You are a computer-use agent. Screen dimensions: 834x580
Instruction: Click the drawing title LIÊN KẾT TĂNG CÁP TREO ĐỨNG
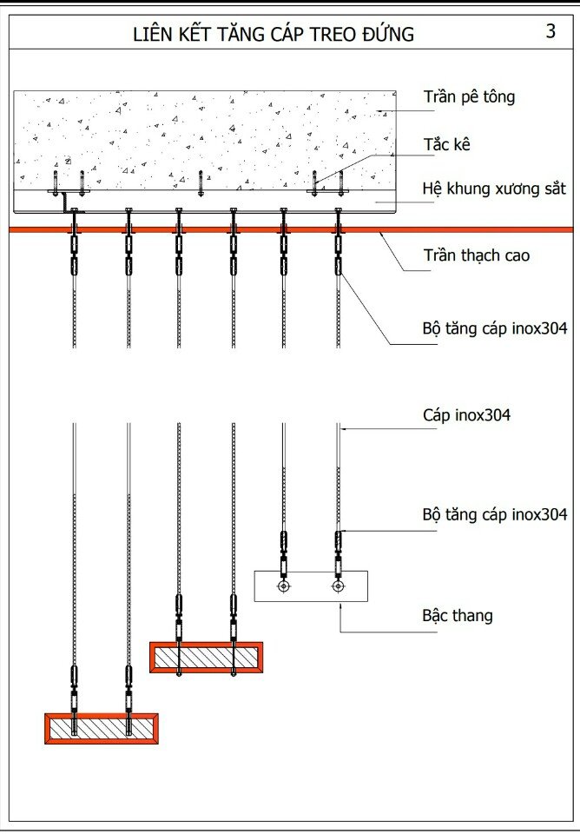tap(273, 34)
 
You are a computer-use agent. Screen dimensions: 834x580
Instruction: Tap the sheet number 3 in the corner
tap(550, 31)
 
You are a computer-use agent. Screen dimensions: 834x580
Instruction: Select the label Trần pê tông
tap(469, 96)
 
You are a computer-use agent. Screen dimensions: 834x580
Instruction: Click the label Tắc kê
tap(447, 144)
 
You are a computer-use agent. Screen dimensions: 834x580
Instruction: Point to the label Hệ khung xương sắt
tap(494, 188)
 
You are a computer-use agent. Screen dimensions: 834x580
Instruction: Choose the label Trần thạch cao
tap(477, 255)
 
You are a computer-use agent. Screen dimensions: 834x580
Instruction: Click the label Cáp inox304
tap(466, 415)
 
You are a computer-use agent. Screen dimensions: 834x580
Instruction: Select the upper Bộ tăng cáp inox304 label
tap(495, 329)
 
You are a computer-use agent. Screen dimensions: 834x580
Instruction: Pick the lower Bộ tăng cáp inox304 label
tap(495, 514)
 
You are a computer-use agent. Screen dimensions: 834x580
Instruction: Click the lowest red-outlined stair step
tap(102, 727)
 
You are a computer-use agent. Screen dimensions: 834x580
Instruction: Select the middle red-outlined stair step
tap(206, 657)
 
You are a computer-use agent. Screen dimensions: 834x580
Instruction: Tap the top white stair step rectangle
tap(310, 586)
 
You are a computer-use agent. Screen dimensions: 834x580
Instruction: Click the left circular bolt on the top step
tap(283, 586)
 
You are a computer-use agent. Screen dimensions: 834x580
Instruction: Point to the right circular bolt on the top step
tap(338, 586)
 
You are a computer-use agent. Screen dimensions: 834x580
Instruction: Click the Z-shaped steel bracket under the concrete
tap(65, 205)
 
